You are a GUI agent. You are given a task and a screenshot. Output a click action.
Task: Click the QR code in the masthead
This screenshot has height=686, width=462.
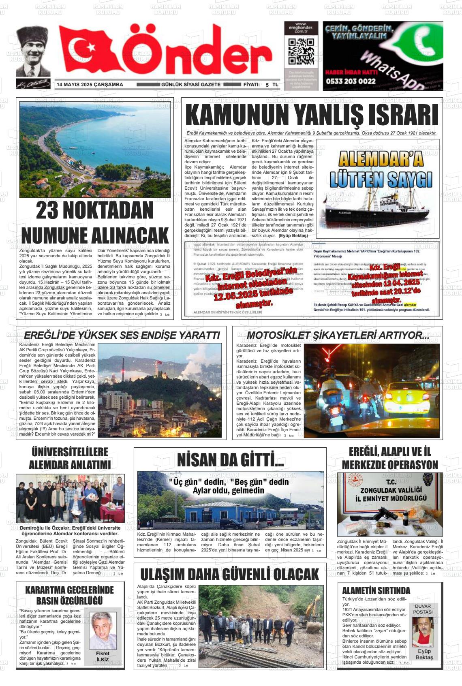pyautogui.click(x=301, y=51)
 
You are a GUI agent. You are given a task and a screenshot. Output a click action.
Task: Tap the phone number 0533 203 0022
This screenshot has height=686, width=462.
pyautogui.click(x=350, y=81)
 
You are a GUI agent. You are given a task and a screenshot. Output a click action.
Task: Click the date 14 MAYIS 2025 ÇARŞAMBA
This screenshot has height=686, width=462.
pyautogui.click(x=90, y=85)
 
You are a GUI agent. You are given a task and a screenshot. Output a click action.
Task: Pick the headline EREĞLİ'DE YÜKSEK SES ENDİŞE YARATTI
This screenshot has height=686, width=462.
pyautogui.click(x=122, y=335)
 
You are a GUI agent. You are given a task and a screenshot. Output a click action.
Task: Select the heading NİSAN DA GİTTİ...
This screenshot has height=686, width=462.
pyautogui.click(x=230, y=460)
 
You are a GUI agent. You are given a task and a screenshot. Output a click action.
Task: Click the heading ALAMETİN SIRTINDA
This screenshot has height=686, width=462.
pyautogui.click(x=376, y=590)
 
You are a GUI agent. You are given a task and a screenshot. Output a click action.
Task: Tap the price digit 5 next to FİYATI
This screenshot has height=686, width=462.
pyautogui.click(x=267, y=85)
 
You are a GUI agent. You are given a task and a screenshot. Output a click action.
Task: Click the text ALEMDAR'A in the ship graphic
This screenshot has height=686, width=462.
pyautogui.click(x=381, y=159)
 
